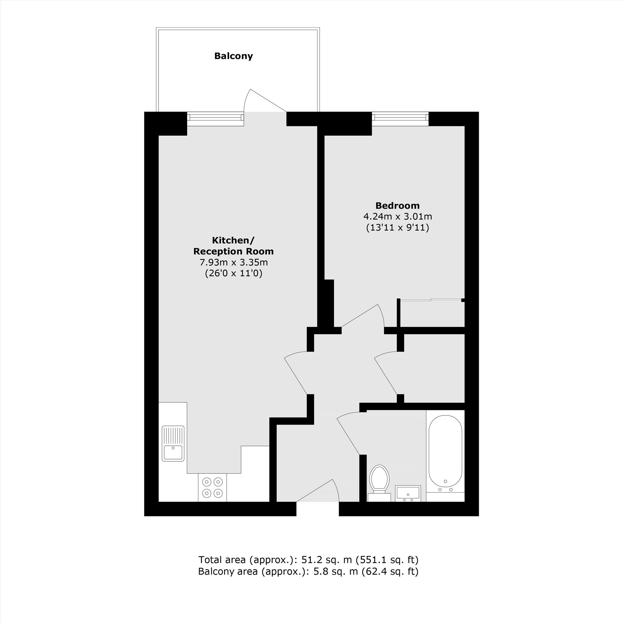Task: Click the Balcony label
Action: click(x=233, y=56)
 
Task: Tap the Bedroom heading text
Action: click(x=397, y=205)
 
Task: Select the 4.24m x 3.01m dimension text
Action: click(x=397, y=216)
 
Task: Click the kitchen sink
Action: click(x=173, y=443)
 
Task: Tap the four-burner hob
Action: click(x=212, y=487)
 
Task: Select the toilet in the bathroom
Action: click(x=379, y=483)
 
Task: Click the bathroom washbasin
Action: click(x=408, y=493)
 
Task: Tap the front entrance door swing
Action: click(x=318, y=490)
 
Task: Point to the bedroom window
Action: click(x=400, y=119)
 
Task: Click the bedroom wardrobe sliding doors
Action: click(x=431, y=300)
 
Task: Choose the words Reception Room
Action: click(x=233, y=251)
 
